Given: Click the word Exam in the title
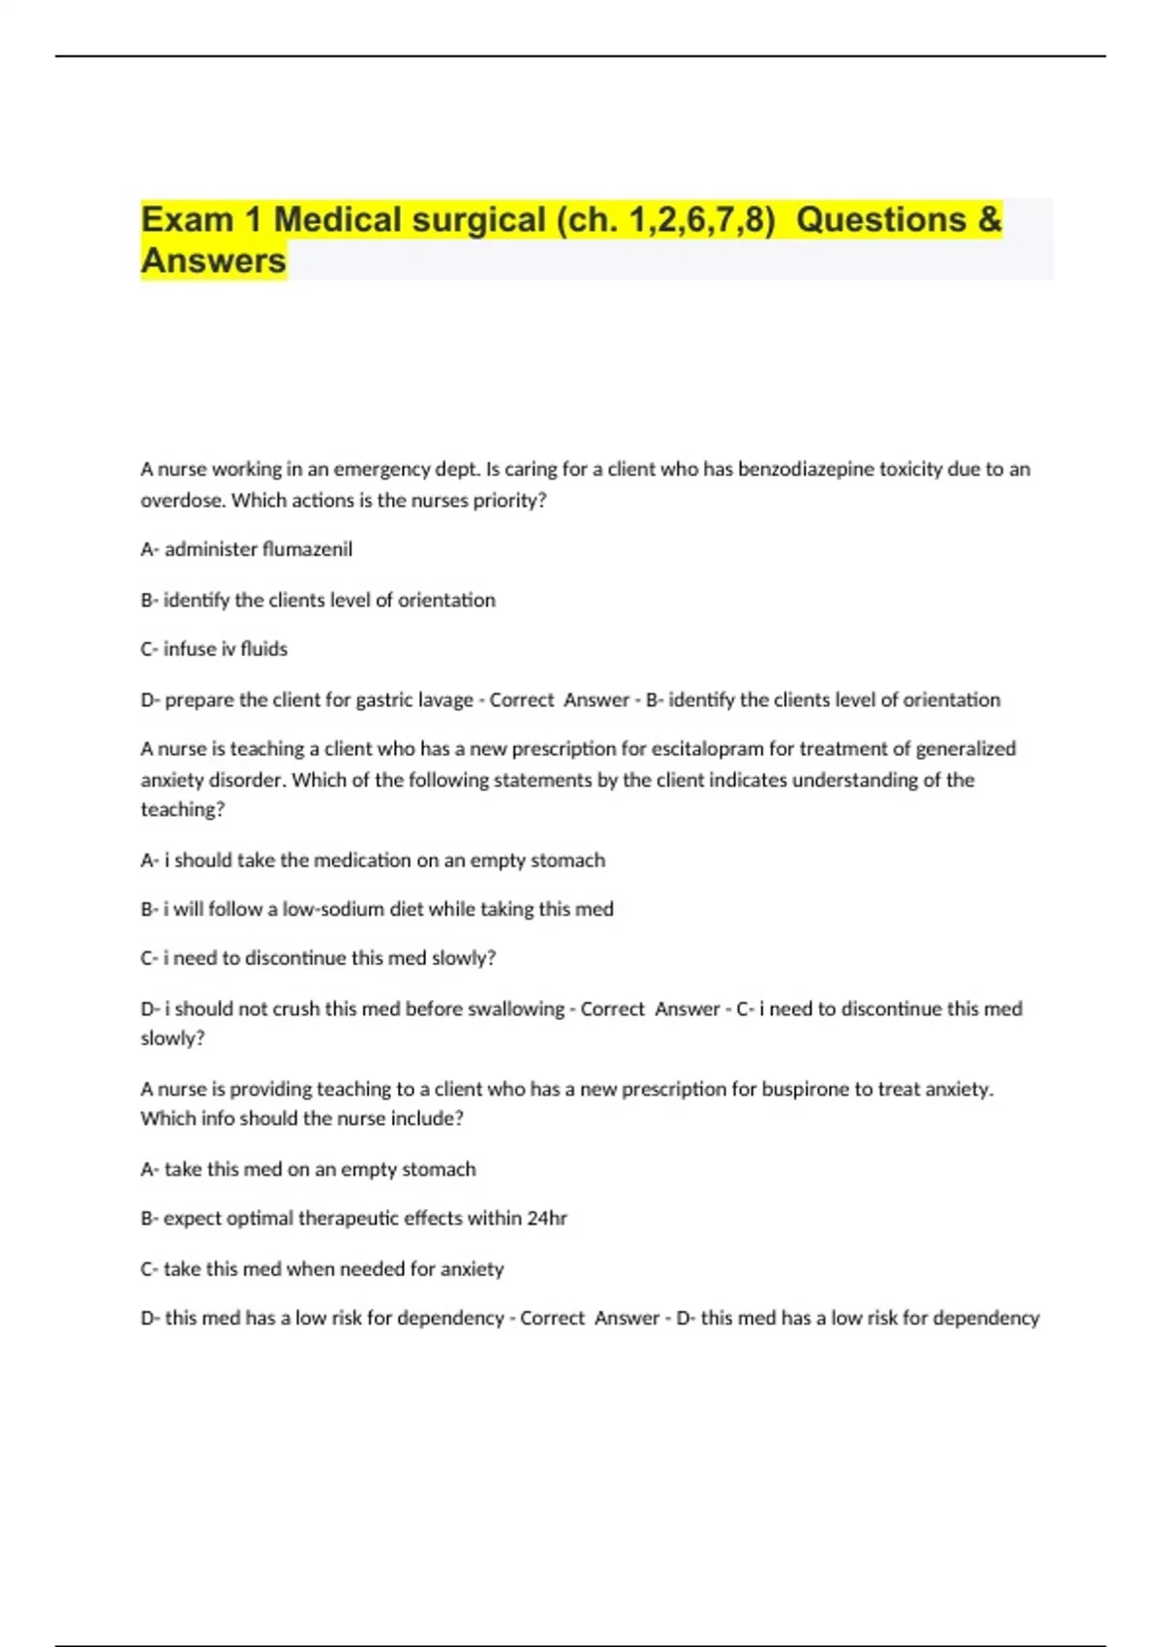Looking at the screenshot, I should click(188, 220).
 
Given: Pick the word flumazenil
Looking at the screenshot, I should click(307, 549).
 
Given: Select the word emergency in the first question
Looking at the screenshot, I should click(382, 469).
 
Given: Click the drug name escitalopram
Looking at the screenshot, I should click(708, 748).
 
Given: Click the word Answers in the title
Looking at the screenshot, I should click(214, 261).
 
